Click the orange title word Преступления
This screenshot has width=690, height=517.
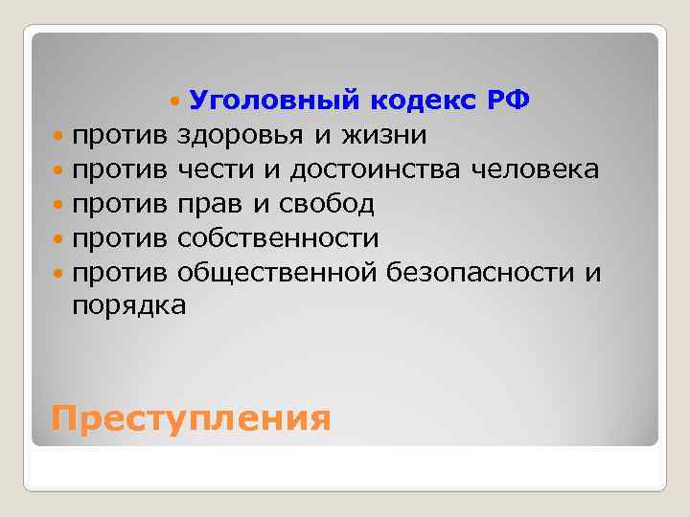coord(191,418)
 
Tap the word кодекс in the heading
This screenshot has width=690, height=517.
coord(418,101)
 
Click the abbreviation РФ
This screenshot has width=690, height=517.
coord(507,101)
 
